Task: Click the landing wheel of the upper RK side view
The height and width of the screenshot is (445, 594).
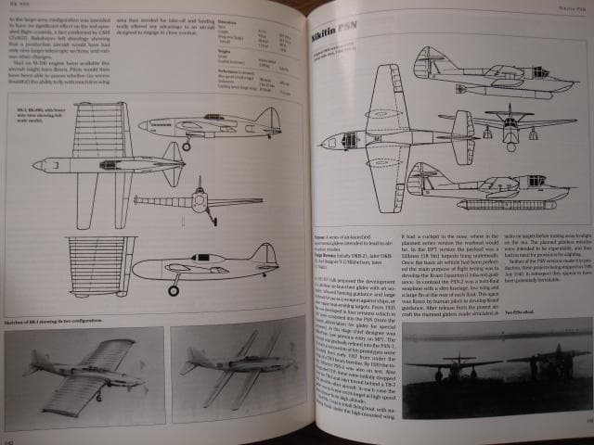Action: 187,146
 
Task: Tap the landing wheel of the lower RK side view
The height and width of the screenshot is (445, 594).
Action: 173,291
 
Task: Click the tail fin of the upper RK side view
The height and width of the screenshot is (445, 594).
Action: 267,119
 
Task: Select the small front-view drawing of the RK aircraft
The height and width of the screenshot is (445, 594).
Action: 197,202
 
